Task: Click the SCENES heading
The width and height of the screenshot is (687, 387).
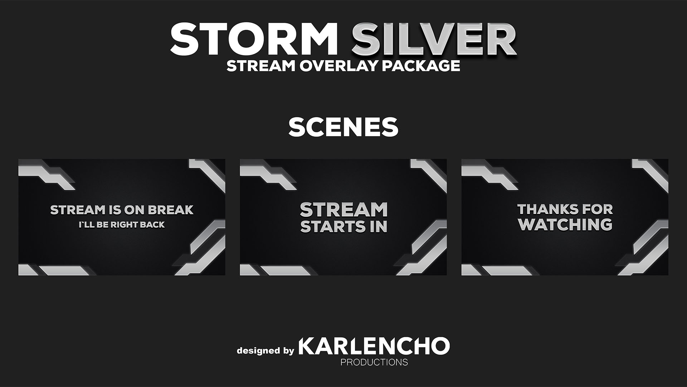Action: click(x=343, y=127)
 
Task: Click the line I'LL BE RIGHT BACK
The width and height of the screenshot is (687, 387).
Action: click(x=122, y=225)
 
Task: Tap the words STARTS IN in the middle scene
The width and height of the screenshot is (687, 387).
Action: click(x=344, y=226)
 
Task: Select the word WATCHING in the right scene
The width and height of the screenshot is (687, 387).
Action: click(x=565, y=225)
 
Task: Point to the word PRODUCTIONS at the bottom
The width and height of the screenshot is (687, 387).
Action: click(x=374, y=362)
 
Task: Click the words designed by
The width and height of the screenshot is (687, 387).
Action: click(x=265, y=350)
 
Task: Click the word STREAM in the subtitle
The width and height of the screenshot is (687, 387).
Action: click(x=256, y=66)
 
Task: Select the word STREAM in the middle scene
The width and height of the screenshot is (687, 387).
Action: click(x=344, y=210)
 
